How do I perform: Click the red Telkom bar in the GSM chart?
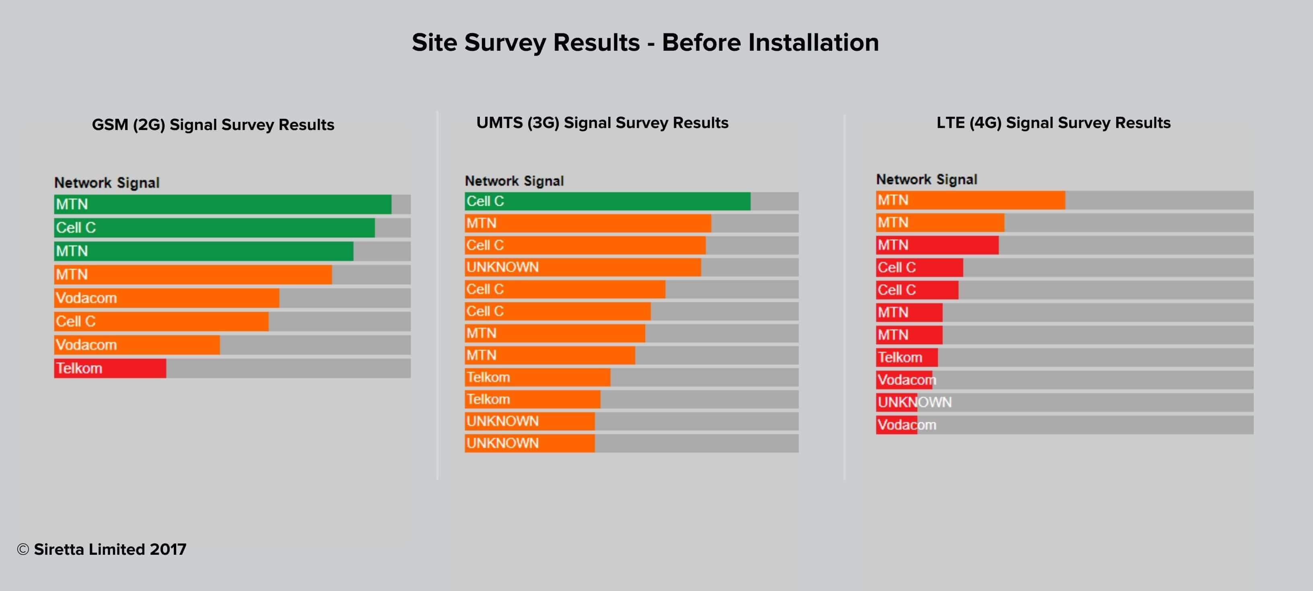[x=110, y=368]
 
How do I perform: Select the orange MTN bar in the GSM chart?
[x=193, y=274]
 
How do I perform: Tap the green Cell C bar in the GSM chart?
[x=214, y=227]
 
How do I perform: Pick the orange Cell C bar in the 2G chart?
[x=161, y=321]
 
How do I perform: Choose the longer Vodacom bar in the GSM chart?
[x=167, y=298]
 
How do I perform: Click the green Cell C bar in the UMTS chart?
[x=607, y=201]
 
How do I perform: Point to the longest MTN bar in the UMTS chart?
[x=588, y=223]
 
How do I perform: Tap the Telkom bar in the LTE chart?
[x=907, y=357]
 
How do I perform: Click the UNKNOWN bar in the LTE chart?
[x=897, y=402]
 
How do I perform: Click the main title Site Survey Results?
[x=645, y=42]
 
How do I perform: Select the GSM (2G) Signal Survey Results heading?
[x=213, y=125]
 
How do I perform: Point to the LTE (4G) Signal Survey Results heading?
[x=1054, y=123]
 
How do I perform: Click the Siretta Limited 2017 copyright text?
[x=102, y=549]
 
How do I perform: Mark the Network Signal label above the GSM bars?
[x=107, y=182]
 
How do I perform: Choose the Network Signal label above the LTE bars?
[x=927, y=180]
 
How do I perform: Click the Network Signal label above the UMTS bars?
[x=514, y=181]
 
